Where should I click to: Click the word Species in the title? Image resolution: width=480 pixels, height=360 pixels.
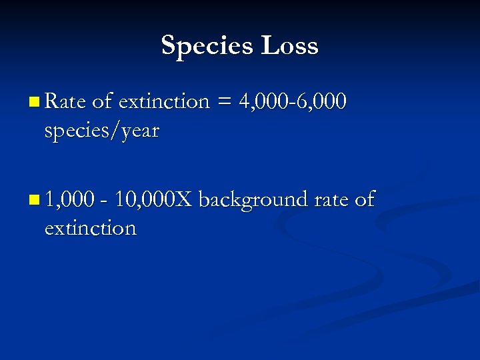click(207, 46)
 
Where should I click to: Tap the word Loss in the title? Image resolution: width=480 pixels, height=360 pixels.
click(290, 46)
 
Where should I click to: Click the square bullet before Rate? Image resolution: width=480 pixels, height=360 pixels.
click(34, 103)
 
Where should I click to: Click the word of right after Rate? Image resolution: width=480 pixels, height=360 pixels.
click(102, 101)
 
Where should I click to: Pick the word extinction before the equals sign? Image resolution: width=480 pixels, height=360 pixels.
click(164, 101)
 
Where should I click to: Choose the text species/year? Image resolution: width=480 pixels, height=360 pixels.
click(101, 131)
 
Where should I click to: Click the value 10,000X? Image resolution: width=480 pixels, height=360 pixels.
click(153, 199)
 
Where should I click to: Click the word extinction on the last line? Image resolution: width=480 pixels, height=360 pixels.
click(90, 228)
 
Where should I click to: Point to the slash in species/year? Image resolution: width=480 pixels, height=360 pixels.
click(115, 131)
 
